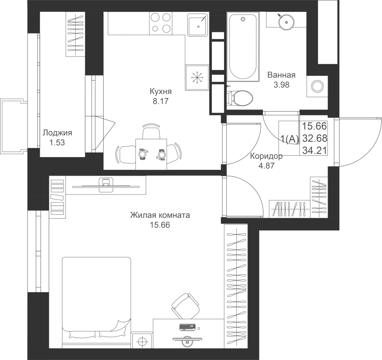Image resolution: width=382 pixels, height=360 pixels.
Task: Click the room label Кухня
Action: [160, 91]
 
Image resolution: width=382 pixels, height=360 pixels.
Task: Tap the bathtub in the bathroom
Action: [243, 47]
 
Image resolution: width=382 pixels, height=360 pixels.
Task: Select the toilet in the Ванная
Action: [240, 98]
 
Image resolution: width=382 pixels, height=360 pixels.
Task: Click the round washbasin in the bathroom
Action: [286, 22]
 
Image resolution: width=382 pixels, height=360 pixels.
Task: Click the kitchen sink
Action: [197, 25]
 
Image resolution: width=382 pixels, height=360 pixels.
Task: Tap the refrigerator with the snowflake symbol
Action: [197, 78]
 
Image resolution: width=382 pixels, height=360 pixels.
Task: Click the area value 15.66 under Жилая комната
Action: [160, 225]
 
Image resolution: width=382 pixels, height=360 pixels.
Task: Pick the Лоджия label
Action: [57, 133]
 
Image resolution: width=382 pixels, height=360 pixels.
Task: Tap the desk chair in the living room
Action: [185, 306]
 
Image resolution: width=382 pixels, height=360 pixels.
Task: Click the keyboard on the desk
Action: [187, 327]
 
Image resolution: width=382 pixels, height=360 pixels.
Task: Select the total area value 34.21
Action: [315, 150]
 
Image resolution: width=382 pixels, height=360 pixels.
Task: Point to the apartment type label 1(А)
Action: [289, 139]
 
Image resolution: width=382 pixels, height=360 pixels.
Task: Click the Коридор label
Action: [267, 156]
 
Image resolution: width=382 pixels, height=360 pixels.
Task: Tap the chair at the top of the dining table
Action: [151, 131]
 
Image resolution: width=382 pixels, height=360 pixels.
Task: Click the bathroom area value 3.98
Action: [281, 84]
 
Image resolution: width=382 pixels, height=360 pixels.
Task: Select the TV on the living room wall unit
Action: [106, 185]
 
